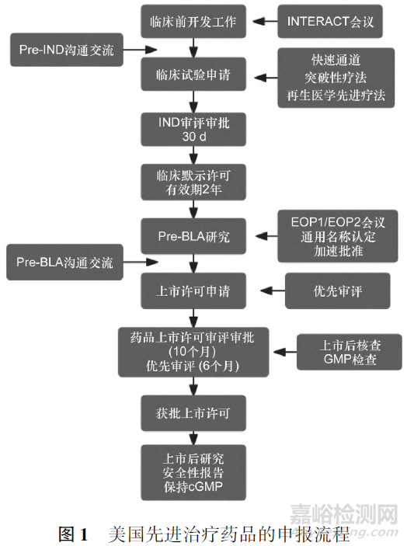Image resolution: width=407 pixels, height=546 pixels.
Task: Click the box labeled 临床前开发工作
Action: tap(193, 21)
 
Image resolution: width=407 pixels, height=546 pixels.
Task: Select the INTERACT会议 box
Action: tap(329, 21)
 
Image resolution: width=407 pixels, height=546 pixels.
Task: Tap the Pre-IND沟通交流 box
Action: tap(67, 50)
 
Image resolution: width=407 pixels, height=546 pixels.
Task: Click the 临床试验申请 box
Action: tap(193, 75)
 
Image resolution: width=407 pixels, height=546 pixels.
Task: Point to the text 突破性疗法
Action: tap(336, 78)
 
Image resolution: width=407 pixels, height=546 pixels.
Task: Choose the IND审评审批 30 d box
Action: tap(193, 129)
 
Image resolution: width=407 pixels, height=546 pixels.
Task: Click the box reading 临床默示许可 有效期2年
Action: tap(193, 183)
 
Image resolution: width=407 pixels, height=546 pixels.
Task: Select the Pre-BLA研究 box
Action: tap(193, 236)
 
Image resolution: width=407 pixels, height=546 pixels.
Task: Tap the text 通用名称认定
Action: tap(338, 237)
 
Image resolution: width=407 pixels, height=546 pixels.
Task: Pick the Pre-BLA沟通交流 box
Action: tap(64, 263)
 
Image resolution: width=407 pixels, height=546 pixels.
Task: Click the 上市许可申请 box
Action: tap(193, 290)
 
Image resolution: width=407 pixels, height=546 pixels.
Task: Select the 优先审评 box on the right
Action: tap(337, 290)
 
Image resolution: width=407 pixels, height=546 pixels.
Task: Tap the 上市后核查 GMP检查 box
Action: tap(350, 352)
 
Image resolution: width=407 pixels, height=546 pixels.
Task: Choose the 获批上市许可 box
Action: tap(193, 413)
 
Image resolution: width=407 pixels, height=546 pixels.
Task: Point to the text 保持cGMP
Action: tap(193, 486)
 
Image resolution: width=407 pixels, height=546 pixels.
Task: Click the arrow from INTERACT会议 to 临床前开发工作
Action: tap(265, 22)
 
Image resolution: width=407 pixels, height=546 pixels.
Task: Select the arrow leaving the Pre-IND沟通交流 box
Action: tap(141, 50)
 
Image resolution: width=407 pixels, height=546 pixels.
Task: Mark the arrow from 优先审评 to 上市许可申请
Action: tap(273, 290)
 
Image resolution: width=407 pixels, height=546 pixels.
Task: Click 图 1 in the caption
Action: tap(73, 534)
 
